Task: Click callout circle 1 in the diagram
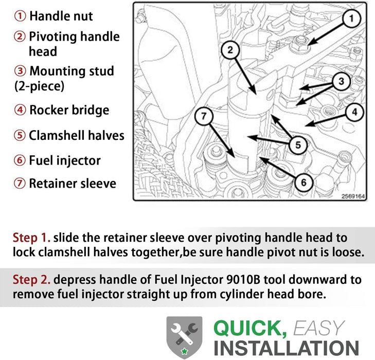coord(351,19)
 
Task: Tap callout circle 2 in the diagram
coord(230,50)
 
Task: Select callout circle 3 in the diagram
coord(341,81)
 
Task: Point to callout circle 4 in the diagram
coord(354,112)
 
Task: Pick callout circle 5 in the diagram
coord(298,145)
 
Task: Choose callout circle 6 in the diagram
coord(303,183)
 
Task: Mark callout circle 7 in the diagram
coord(204,116)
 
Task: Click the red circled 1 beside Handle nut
coord(20,16)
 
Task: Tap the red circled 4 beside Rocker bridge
coord(20,110)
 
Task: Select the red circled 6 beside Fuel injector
coord(20,160)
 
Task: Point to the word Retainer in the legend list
coord(52,184)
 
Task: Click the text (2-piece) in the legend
coord(40,86)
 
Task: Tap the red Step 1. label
coord(31,238)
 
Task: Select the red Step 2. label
coord(31,280)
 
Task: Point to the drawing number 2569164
coord(353,196)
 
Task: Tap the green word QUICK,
coord(250,329)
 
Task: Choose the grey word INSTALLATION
coord(287,348)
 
